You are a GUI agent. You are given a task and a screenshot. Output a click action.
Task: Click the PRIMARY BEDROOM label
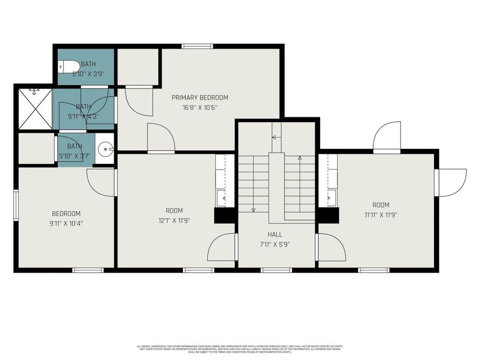tap(199, 98)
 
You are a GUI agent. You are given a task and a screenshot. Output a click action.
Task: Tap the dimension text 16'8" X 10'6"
tap(199, 107)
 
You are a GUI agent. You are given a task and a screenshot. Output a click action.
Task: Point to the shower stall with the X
tap(35, 108)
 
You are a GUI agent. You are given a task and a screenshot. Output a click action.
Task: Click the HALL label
tap(275, 235)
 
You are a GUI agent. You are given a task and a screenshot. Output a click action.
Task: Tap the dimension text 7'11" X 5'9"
tap(275, 245)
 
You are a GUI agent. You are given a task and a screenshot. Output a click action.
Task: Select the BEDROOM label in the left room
tap(66, 213)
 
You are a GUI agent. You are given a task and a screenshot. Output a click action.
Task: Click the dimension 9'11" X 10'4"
tap(66, 223)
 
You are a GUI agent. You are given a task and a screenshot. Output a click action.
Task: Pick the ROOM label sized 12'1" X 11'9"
tap(174, 210)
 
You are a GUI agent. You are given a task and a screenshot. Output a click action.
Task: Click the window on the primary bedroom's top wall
tap(197, 46)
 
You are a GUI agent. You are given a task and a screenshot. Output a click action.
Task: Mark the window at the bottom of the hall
tap(276, 270)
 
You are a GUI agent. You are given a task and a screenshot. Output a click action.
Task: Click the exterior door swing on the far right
tap(452, 182)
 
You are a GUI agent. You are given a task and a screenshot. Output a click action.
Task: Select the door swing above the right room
tap(387, 138)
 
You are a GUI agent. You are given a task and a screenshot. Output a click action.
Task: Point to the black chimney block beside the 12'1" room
tap(225, 215)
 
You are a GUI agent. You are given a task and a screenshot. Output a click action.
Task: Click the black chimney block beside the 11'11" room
tap(328, 215)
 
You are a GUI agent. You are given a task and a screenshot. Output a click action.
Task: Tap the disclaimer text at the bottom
tap(239, 349)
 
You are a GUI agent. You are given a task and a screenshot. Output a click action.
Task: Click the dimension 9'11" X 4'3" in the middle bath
tap(83, 115)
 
